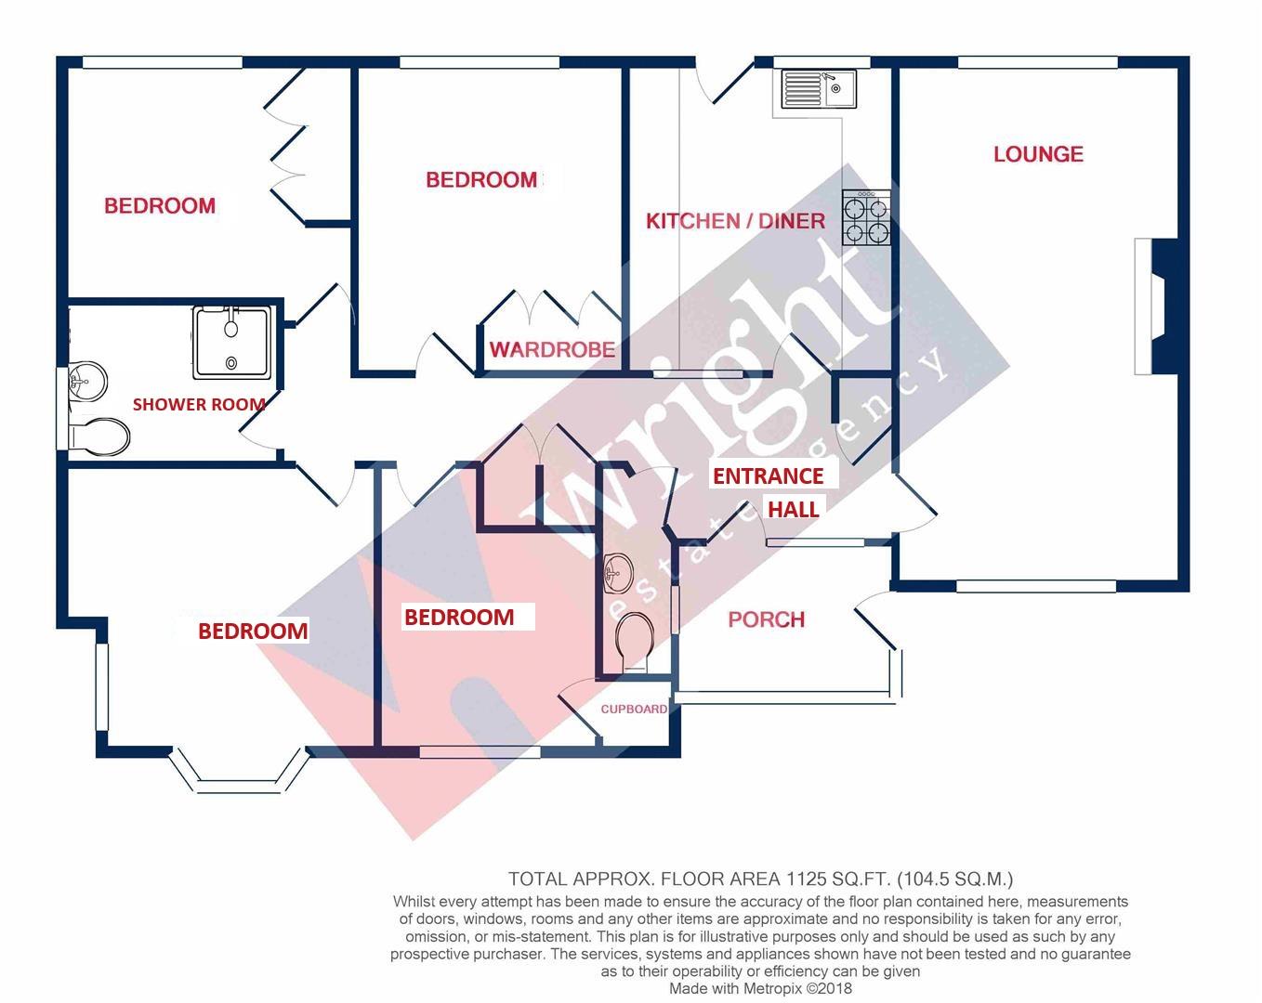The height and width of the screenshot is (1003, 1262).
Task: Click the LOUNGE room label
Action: click(1038, 154)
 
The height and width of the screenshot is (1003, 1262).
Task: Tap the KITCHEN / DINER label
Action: click(735, 221)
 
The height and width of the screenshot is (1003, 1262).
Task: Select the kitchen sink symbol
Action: click(819, 89)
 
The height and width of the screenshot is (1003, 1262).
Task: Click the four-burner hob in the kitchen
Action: click(866, 218)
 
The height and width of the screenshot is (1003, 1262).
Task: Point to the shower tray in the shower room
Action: click(234, 342)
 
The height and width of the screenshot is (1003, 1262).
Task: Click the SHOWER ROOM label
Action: click(199, 404)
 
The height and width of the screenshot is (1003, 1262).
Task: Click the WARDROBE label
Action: click(552, 350)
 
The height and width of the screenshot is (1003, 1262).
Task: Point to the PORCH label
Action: click(766, 619)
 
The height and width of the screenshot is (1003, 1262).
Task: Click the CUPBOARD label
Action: click(633, 710)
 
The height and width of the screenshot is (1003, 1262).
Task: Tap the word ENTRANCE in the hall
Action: click(768, 476)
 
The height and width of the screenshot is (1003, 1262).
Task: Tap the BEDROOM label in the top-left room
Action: click(160, 206)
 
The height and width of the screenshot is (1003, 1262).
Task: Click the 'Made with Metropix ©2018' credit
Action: click(760, 989)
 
